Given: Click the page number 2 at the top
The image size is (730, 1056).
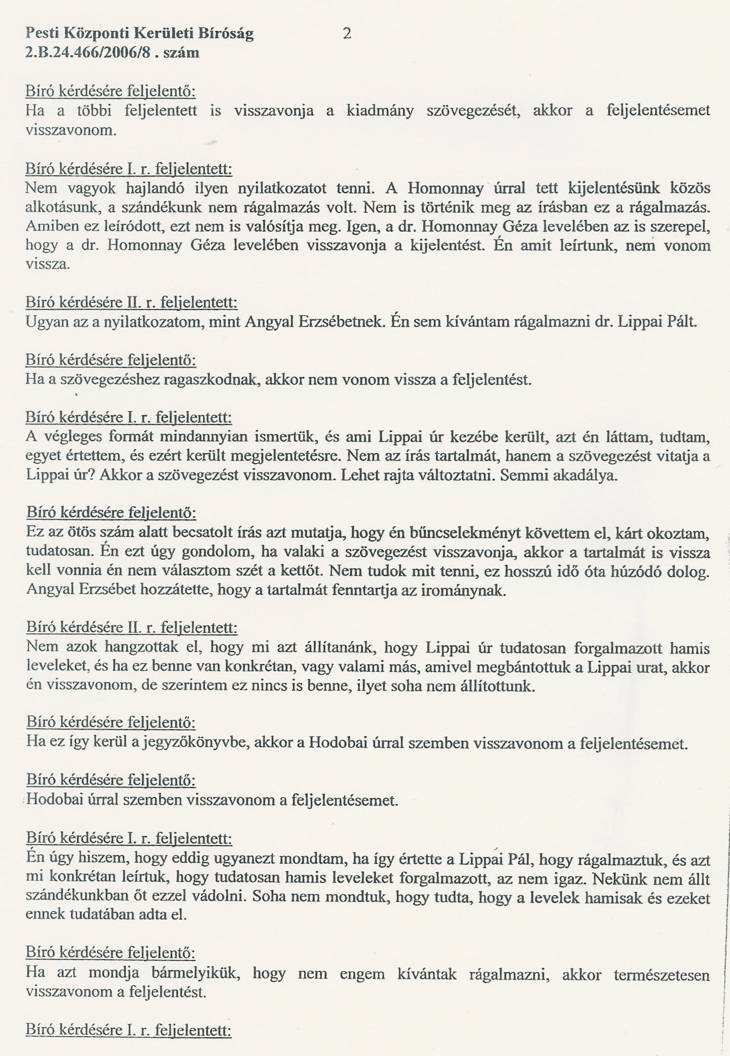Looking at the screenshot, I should point(347,34).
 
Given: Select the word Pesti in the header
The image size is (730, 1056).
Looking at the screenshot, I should point(42,34).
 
